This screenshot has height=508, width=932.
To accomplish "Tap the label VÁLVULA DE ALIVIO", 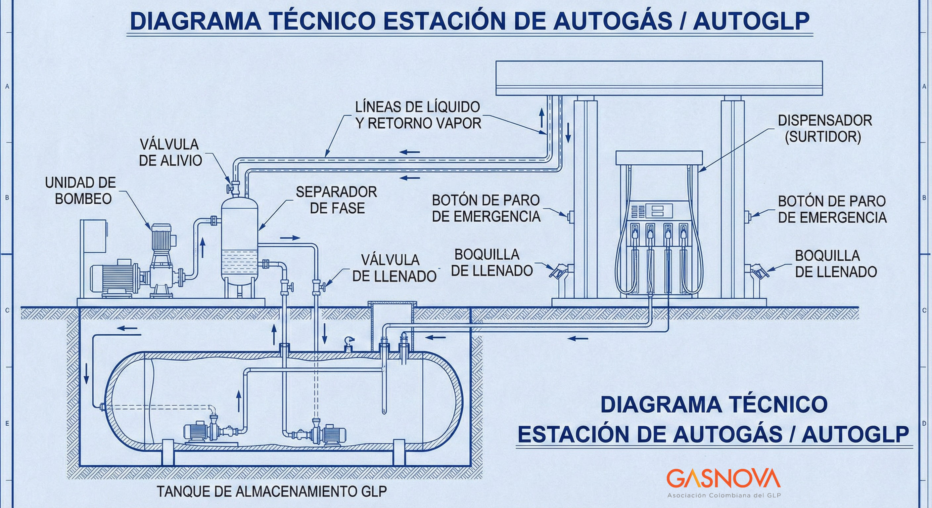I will (x=170, y=152).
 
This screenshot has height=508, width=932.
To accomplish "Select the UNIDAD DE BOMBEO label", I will (x=80, y=190).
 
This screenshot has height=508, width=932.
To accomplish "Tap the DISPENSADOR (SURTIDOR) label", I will (x=824, y=129).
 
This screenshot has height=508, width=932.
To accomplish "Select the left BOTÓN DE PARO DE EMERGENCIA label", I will (x=486, y=208).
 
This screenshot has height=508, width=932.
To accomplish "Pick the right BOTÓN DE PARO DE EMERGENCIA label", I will (x=832, y=209).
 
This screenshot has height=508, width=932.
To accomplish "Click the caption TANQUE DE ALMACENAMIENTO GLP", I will (x=271, y=491).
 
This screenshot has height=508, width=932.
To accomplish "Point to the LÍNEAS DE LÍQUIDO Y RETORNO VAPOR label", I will (x=418, y=115).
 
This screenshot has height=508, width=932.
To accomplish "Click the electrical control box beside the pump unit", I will (x=95, y=239).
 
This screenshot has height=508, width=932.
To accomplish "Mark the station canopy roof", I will (x=659, y=78).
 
